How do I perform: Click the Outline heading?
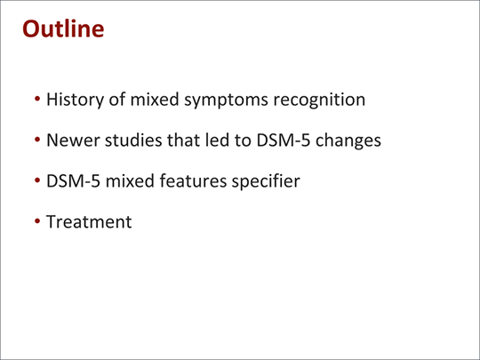click(63, 28)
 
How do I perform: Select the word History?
click(76, 100)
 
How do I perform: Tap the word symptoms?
click(226, 100)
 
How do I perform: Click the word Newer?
click(73, 140)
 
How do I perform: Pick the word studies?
click(133, 140)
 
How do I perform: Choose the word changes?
click(348, 140)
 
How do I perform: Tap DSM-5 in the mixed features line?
click(73, 181)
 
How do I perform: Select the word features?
click(193, 181)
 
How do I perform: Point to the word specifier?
click(266, 181)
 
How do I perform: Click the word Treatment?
click(89, 221)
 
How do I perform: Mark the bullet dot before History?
click(37, 99)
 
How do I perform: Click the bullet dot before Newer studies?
click(37, 140)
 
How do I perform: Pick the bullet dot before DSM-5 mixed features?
click(37, 180)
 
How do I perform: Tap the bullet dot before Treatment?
click(37, 221)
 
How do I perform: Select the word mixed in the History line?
click(155, 100)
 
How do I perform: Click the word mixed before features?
click(130, 181)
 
